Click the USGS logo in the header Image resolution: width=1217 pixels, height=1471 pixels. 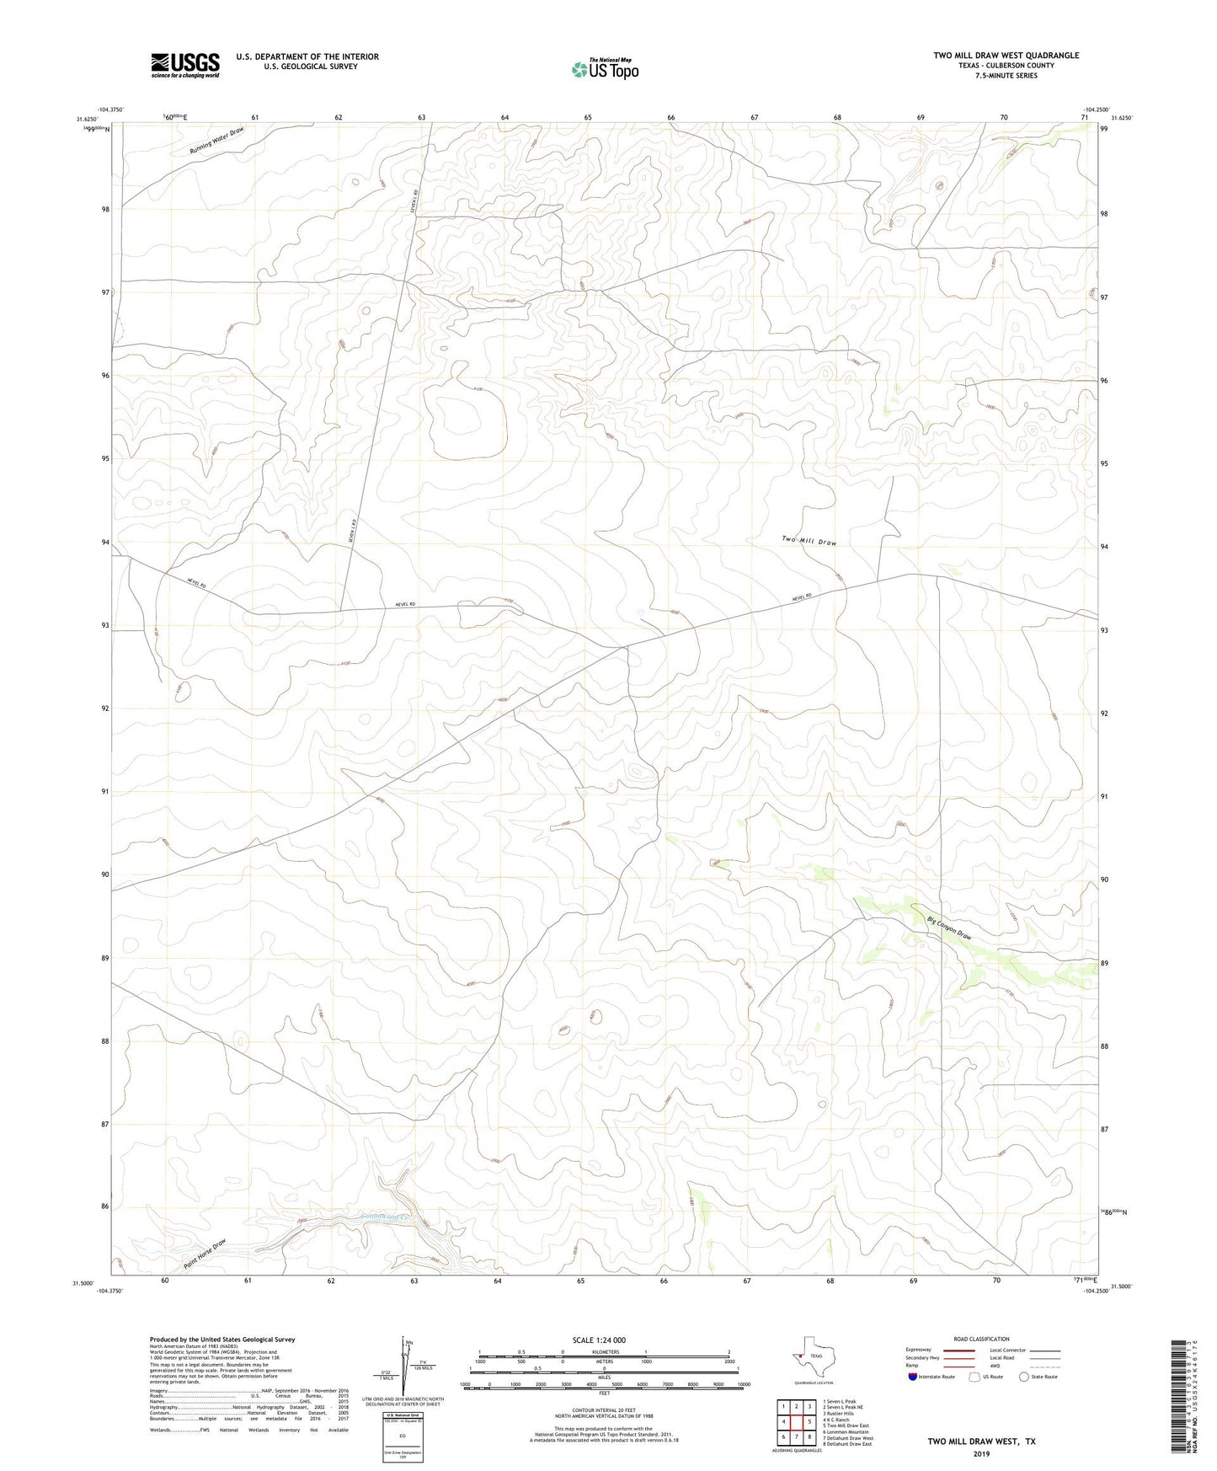(x=185, y=64)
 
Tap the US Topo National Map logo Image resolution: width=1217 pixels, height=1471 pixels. (x=604, y=69)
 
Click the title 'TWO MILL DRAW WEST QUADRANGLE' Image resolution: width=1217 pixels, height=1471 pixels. (x=1006, y=56)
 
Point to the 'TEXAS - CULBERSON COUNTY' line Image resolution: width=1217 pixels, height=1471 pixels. (x=1006, y=66)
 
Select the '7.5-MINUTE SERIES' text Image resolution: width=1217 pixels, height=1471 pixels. (x=1006, y=76)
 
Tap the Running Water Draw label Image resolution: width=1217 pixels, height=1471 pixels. (x=216, y=140)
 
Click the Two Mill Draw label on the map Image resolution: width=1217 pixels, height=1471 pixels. (x=809, y=540)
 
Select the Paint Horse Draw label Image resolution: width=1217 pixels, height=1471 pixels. (x=206, y=1254)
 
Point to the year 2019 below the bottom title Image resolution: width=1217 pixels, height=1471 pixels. (x=981, y=1454)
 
